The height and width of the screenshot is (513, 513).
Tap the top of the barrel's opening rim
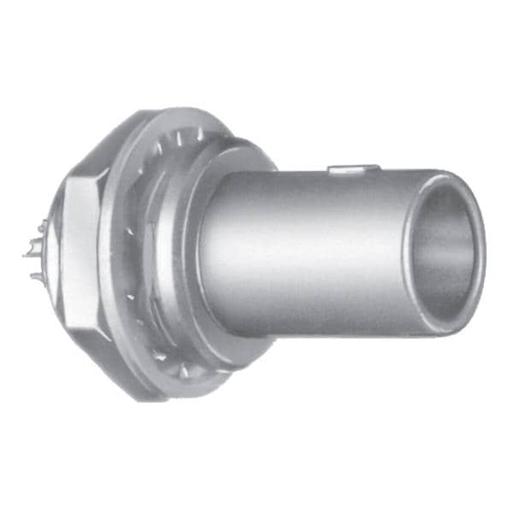pyautogui.click(x=449, y=177)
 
